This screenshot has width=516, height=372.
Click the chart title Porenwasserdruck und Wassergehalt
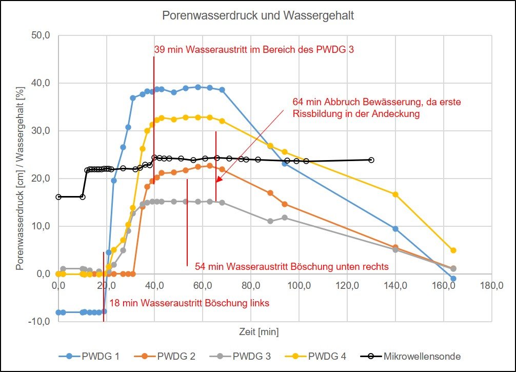(x=258, y=15)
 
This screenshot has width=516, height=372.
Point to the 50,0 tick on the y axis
(x=41, y=36)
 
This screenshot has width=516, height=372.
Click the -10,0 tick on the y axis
(x=41, y=322)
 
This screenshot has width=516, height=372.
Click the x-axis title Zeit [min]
(x=259, y=332)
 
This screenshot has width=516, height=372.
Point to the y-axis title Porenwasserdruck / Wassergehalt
(x=20, y=179)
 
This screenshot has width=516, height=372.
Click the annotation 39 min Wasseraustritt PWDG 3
(x=254, y=50)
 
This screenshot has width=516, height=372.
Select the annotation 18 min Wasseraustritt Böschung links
(x=189, y=303)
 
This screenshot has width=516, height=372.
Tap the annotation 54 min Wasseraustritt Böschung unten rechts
(x=291, y=267)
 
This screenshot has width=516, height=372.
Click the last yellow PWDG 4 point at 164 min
(x=453, y=250)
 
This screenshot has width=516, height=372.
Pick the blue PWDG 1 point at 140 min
(x=395, y=229)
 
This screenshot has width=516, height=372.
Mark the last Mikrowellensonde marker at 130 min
(x=371, y=160)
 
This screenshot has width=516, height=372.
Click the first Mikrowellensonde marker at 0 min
(x=58, y=197)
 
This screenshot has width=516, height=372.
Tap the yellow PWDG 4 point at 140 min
(x=395, y=194)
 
